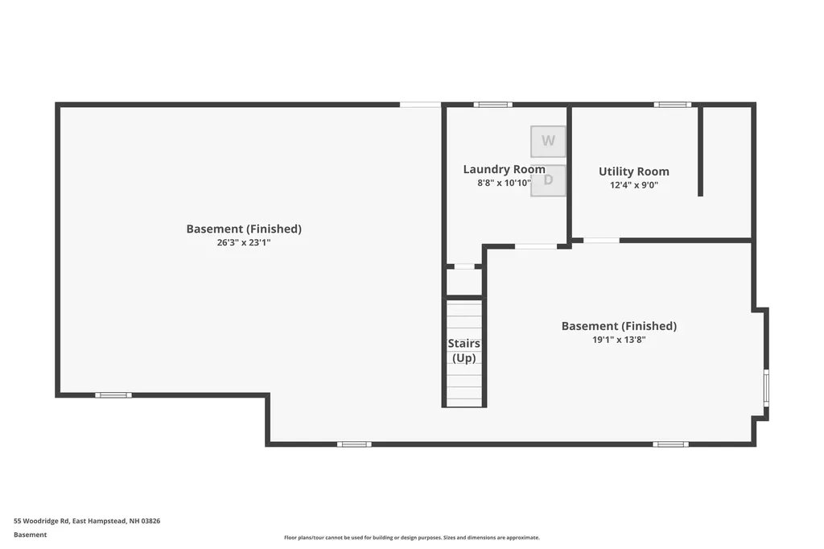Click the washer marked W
click(x=548, y=141)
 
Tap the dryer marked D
click(x=549, y=180)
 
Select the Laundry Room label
click(x=504, y=169)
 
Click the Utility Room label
click(x=633, y=171)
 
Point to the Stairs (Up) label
click(x=464, y=351)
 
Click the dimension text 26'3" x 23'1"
click(x=244, y=242)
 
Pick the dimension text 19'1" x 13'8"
click(x=619, y=340)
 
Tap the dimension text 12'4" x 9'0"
click(x=633, y=185)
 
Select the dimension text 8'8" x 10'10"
click(x=504, y=184)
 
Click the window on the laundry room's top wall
click(x=492, y=104)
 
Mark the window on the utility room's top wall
click(x=672, y=104)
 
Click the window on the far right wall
click(x=766, y=387)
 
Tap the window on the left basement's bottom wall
click(x=113, y=394)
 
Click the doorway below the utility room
click(x=601, y=240)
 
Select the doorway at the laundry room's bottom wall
click(x=535, y=246)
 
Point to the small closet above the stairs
click(x=464, y=283)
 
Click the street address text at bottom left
click(x=87, y=521)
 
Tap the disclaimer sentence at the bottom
click(x=411, y=538)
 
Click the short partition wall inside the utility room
click(x=701, y=151)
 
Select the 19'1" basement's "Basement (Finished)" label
click(x=619, y=326)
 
